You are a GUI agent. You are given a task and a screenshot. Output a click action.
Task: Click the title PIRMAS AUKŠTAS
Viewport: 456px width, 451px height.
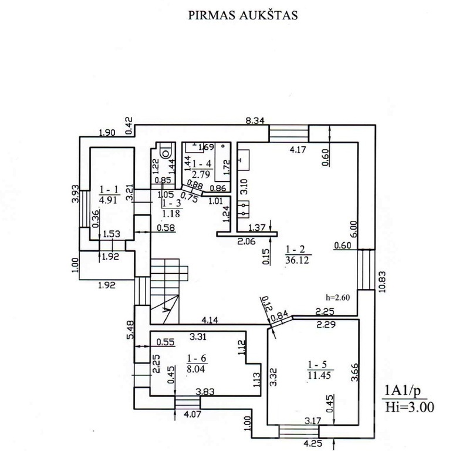point(242,15)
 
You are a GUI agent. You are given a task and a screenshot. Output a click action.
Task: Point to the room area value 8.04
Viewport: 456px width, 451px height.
point(196,370)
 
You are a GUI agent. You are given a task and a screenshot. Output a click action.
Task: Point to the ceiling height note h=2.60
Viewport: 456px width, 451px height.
point(337,297)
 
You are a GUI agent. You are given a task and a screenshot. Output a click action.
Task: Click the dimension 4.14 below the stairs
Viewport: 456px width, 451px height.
point(210,321)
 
